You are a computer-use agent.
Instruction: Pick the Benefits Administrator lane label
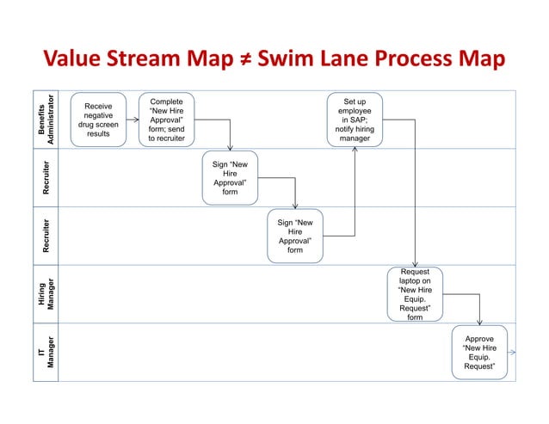52,119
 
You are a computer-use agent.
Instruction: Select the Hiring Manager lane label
52,293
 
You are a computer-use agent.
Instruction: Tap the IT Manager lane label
52,351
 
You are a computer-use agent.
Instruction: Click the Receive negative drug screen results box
98,120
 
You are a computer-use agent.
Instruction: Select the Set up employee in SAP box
355,120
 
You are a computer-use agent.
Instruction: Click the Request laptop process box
415,293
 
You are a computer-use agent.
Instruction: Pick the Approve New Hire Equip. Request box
479,352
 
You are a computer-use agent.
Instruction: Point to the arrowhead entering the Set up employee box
355,151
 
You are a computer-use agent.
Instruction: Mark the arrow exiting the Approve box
511,352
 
